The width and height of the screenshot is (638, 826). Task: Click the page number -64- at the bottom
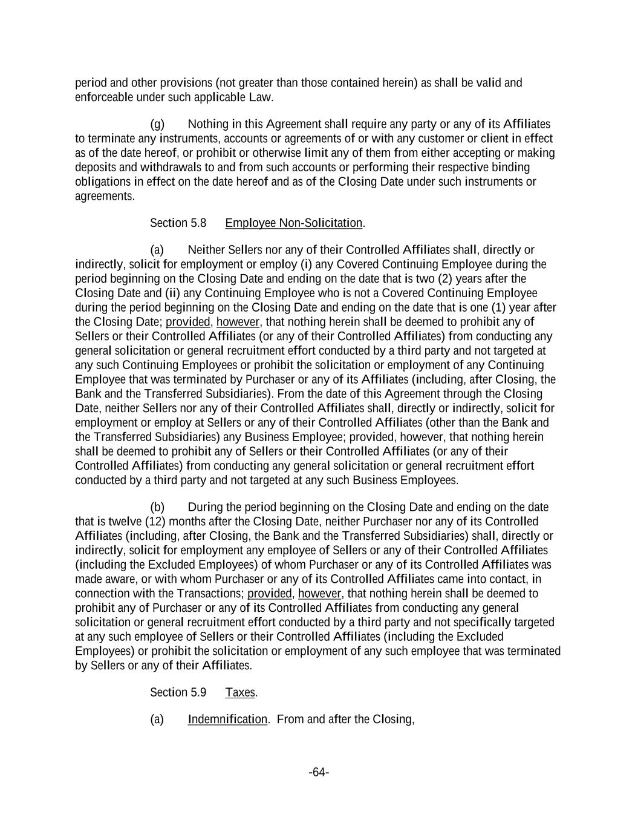pyautogui.click(x=319, y=772)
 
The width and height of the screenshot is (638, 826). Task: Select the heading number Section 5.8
pyautogui.click(x=178, y=223)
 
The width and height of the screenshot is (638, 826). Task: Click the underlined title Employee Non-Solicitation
pyautogui.click(x=293, y=223)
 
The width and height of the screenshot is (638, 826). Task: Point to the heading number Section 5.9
pyautogui.click(x=178, y=692)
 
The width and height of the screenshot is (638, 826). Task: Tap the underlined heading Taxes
pyautogui.click(x=240, y=692)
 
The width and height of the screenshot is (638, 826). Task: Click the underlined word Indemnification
pyautogui.click(x=227, y=719)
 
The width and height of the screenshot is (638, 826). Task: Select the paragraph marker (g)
pyautogui.click(x=157, y=124)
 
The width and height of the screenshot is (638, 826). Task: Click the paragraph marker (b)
pyautogui.click(x=157, y=507)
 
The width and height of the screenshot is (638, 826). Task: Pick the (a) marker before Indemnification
pyautogui.click(x=157, y=719)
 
